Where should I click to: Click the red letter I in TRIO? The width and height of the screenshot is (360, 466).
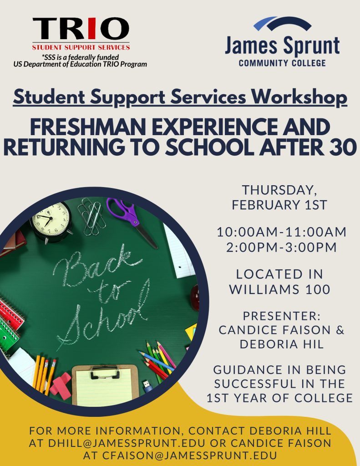tap(91, 29)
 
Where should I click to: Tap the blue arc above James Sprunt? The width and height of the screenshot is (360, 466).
tap(264, 24)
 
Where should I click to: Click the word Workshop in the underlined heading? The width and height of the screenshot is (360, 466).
tap(299, 97)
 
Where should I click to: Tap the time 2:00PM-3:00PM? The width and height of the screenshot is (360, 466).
tap(281, 247)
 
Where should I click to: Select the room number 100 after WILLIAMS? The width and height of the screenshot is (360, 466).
tap(319, 289)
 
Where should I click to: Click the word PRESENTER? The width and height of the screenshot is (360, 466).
tap(282, 316)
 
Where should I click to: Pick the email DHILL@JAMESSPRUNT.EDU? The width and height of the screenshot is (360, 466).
tap(127, 443)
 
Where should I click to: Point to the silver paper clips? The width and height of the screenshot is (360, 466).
tap(92, 216)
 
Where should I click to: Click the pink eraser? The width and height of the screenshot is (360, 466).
tap(61, 385)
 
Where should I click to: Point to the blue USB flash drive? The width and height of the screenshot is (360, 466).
tap(148, 385)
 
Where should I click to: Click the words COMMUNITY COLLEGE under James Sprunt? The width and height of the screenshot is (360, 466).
tap(282, 63)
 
